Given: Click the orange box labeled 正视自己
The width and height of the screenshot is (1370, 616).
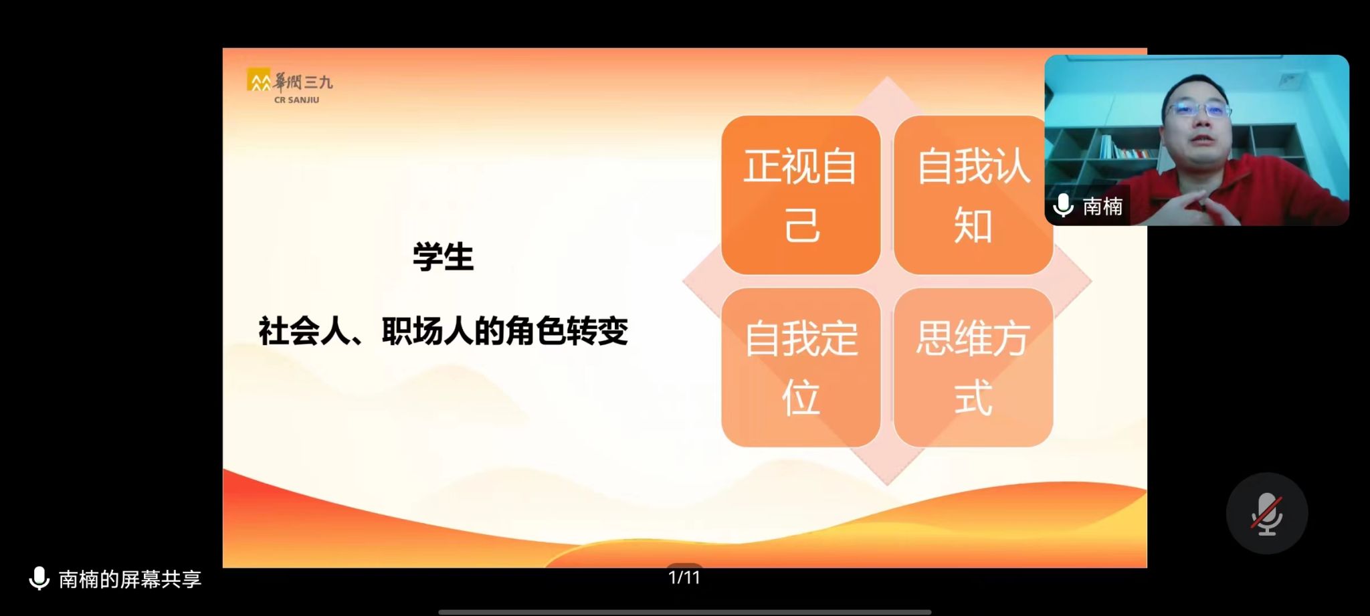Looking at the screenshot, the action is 801,195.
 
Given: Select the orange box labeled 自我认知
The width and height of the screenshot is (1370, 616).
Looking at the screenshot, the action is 973,195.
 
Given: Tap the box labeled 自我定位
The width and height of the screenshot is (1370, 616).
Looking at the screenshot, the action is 801,367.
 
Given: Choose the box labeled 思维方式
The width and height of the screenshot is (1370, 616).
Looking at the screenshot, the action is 973,367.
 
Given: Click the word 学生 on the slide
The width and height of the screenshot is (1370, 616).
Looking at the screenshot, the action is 443,258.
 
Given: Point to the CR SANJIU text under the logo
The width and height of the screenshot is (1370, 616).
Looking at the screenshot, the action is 296,100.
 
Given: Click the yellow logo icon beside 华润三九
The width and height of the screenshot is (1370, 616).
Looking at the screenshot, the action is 259,80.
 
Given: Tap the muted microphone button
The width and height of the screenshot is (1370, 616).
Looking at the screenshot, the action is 1266,513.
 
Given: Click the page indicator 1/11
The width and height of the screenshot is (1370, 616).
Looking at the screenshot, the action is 684,577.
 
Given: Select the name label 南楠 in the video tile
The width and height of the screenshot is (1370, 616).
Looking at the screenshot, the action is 1102,206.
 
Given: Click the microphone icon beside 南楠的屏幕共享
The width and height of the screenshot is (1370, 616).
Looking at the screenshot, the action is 39,579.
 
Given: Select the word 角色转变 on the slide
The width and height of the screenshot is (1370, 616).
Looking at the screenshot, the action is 567,331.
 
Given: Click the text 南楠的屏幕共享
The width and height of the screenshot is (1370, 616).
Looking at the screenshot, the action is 130,579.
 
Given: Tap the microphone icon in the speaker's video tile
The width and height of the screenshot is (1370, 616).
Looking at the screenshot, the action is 1064,205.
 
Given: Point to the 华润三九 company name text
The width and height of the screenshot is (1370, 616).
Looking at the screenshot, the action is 303,82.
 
